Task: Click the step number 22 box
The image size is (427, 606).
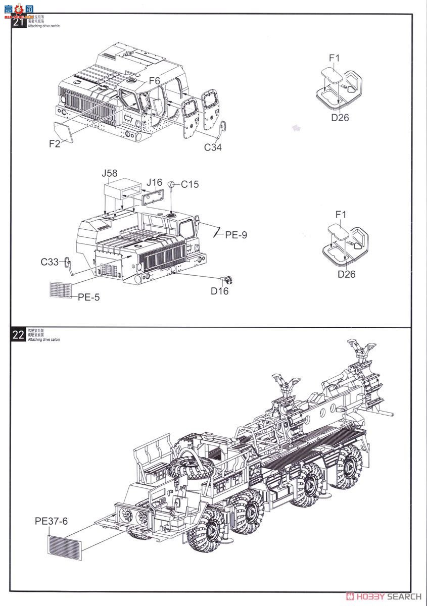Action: point(18,335)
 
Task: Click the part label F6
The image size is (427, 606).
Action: point(154,81)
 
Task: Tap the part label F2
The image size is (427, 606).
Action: point(55,143)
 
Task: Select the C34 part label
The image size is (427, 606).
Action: point(213,147)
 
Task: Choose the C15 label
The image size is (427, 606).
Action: point(190,184)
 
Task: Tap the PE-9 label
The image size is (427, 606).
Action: point(236,235)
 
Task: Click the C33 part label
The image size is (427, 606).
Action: point(50,262)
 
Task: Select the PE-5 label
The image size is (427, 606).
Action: point(88,297)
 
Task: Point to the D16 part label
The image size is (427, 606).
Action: point(220,291)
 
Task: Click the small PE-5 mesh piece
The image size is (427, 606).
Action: point(60,290)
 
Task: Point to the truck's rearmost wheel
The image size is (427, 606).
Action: point(348,466)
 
